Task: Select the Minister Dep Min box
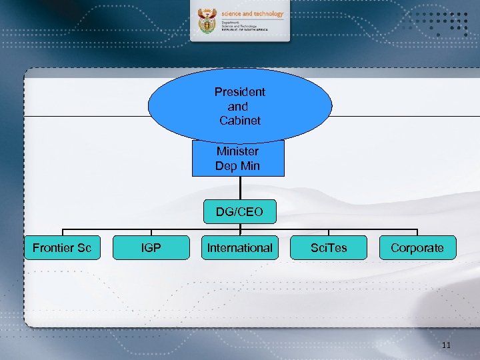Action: (x=238, y=159)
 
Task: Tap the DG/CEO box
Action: (x=239, y=213)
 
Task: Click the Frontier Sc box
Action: (x=62, y=247)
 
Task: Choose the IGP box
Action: (x=151, y=247)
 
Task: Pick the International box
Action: (x=239, y=247)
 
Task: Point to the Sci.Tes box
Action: (x=329, y=247)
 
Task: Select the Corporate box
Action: (x=417, y=247)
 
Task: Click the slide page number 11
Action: (x=446, y=345)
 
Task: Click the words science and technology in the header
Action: (x=253, y=13)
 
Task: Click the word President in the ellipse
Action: (x=239, y=92)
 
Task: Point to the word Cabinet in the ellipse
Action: (x=239, y=121)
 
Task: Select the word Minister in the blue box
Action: (x=238, y=151)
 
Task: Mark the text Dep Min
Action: (x=238, y=166)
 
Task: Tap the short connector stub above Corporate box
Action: (x=417, y=231)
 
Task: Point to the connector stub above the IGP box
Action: (x=151, y=231)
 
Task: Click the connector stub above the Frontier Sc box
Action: (x=62, y=231)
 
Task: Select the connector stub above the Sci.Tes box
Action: (x=329, y=231)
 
